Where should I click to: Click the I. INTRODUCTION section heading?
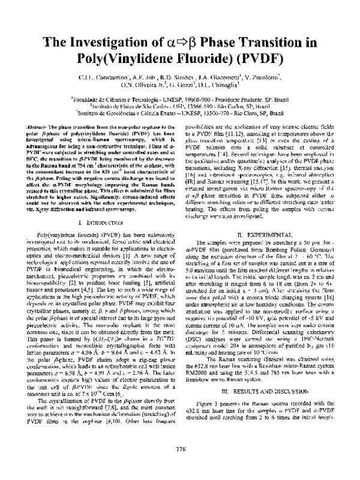pyautogui.click(x=99, y=223)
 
